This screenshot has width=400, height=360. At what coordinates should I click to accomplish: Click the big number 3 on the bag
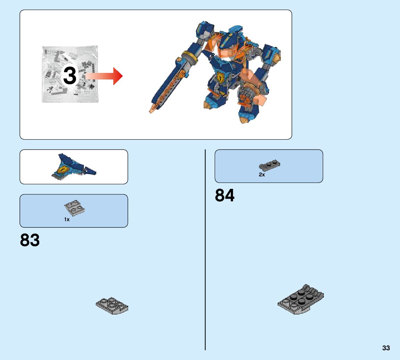coord(70,76)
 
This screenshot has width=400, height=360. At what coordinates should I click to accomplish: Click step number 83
coord(30,240)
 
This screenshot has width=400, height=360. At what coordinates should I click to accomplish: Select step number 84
coord(225,195)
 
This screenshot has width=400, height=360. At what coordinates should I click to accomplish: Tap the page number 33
coord(386,348)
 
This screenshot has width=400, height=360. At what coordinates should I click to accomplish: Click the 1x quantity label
coord(67,219)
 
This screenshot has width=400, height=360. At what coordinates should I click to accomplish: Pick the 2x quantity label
coord(262,175)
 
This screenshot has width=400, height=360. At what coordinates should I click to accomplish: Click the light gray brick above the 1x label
coord(75,208)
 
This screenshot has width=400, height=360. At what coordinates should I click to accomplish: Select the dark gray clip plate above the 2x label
coord(269,166)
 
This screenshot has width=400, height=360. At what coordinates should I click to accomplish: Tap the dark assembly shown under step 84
coord(301,300)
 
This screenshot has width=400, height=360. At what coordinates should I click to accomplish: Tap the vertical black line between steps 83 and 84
coord(205,250)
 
